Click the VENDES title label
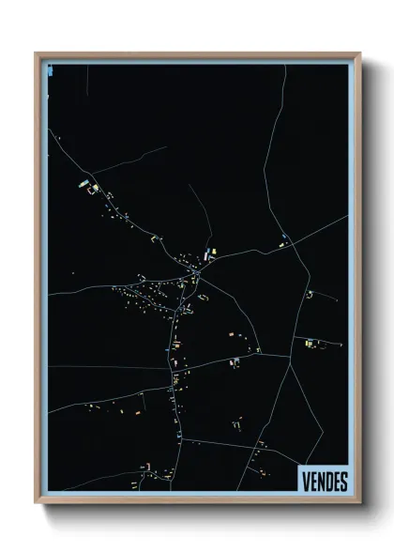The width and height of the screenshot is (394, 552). click(325, 481)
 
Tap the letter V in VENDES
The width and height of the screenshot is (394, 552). click(306, 481)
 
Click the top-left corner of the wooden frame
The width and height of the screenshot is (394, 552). click(37, 54)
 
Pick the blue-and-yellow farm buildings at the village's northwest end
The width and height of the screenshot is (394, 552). click(86, 184)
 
